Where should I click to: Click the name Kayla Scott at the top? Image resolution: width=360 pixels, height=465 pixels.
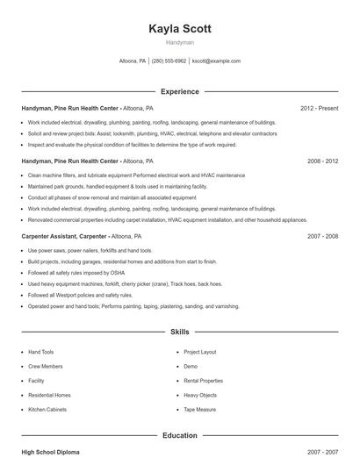click(x=180, y=28)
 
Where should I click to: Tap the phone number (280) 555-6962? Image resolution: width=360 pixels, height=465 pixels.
click(x=169, y=61)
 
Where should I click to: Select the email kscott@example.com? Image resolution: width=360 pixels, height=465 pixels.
click(x=216, y=61)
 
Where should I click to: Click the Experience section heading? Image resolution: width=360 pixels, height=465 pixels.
click(x=180, y=91)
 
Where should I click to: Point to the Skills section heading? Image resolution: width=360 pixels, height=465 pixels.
click(x=180, y=333)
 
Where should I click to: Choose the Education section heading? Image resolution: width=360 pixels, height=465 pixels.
click(x=180, y=434)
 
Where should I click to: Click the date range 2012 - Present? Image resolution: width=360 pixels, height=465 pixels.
click(x=319, y=109)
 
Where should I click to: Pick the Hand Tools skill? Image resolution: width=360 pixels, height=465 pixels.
click(x=41, y=352)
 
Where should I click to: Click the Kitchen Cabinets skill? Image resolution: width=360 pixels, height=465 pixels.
click(x=48, y=410)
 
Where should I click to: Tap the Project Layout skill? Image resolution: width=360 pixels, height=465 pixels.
click(x=199, y=352)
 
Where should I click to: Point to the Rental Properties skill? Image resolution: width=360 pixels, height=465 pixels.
click(x=204, y=381)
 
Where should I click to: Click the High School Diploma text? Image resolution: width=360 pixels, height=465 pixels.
click(x=50, y=452)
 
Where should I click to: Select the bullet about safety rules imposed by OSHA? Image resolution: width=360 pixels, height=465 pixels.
click(x=67, y=273)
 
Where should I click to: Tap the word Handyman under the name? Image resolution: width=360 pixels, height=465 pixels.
click(x=180, y=42)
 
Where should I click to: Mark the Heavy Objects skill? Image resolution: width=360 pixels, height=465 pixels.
click(x=199, y=395)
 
